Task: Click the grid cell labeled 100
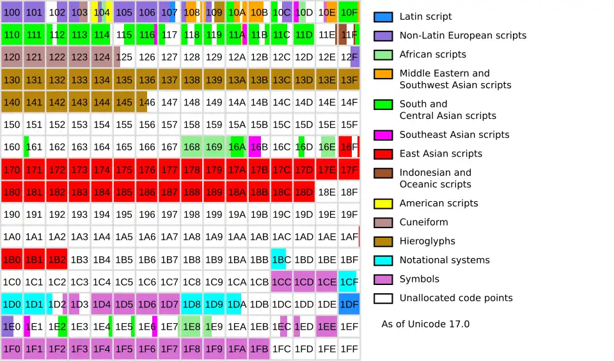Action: (x=12, y=12)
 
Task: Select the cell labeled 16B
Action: (x=259, y=147)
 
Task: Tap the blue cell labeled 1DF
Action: (x=349, y=304)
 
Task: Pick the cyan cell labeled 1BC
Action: (x=281, y=259)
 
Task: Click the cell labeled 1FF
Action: (x=349, y=349)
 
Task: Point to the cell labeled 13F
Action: (x=349, y=80)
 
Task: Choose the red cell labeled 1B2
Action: (x=57, y=259)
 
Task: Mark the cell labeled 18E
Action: (x=327, y=192)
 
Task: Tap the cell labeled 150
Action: (x=12, y=125)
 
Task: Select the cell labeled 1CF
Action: (x=349, y=282)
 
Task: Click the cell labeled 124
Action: (x=102, y=57)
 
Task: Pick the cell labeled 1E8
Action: (x=191, y=326)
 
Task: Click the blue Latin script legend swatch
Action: (x=383, y=17)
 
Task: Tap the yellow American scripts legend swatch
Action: (x=383, y=203)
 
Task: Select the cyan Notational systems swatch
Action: (x=383, y=260)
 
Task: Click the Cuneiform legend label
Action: (x=423, y=222)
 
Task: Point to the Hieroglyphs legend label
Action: (x=427, y=242)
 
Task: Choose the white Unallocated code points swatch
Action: (x=383, y=298)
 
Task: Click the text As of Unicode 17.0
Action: (x=425, y=324)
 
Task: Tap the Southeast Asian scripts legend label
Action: (x=454, y=135)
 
